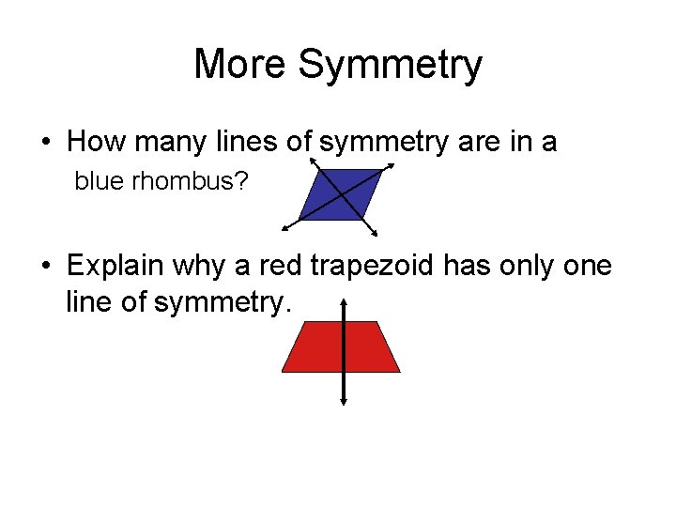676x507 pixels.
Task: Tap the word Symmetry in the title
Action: coord(391,65)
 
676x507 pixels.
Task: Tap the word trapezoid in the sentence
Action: coord(364,266)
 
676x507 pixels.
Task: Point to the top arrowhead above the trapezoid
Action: coord(345,302)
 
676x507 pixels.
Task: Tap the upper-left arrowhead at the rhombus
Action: coord(312,163)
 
